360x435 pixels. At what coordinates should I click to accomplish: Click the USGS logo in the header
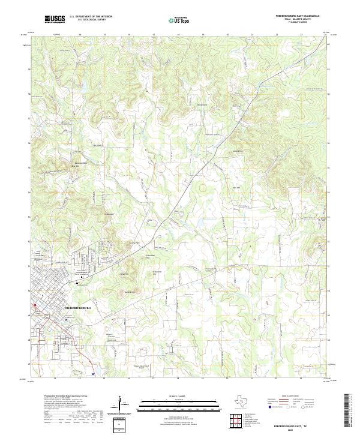[55, 19]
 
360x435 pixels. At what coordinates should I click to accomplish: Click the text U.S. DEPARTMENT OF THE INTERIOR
[91, 17]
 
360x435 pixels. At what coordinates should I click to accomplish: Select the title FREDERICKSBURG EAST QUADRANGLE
[297, 17]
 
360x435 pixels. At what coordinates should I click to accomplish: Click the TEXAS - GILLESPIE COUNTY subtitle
[297, 20]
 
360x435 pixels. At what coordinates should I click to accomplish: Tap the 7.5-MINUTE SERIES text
[297, 23]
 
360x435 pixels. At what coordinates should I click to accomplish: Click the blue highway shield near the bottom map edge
[93, 374]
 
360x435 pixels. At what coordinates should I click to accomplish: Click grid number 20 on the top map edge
[228, 35]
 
